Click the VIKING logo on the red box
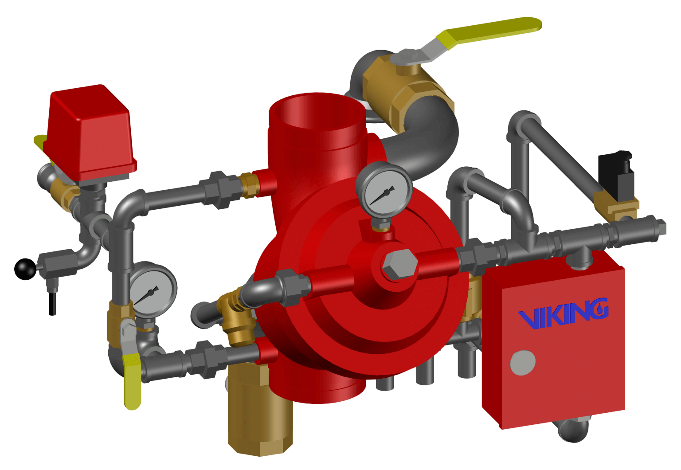click(564, 314)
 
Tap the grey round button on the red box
click(523, 363)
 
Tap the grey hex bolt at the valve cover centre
click(400, 265)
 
